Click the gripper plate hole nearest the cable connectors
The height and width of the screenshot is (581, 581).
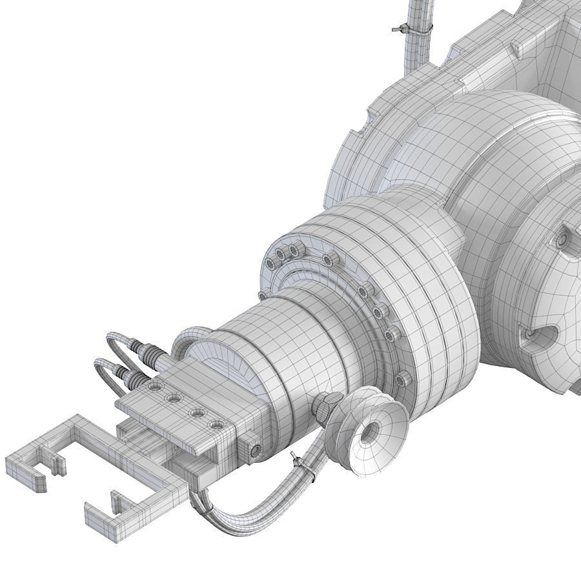[154, 387]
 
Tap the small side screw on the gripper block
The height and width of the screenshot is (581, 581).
[256, 449]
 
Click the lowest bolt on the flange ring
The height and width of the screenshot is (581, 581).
[404, 377]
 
